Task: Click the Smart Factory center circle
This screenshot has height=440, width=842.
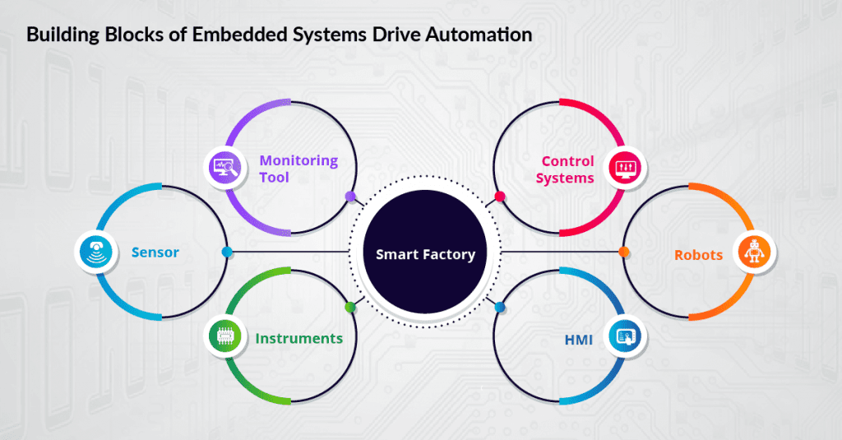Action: coord(425,254)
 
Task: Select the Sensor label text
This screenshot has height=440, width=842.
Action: coord(155,252)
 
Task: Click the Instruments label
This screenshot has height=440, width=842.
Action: coord(298,338)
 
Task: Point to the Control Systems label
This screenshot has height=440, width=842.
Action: coord(567,169)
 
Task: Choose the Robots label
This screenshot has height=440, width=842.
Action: coord(698,254)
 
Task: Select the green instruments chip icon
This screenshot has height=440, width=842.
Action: coord(225,336)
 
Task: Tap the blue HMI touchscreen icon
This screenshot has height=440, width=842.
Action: coord(624,336)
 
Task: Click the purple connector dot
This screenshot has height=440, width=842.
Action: coord(350,197)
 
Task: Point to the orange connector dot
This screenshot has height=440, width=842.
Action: coord(623,252)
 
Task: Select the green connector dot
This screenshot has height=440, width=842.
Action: coord(350,308)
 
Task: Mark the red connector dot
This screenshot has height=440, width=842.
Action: coord(499,197)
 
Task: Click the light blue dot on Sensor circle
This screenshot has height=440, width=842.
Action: coord(227,252)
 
